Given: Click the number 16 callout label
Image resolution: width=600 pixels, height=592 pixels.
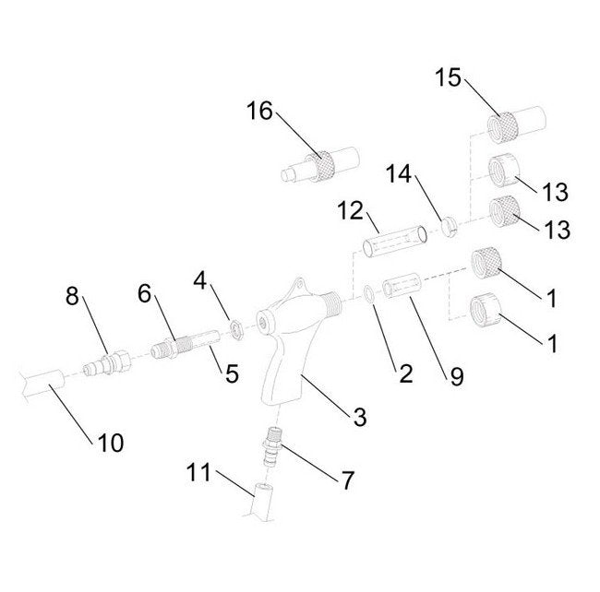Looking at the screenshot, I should [260, 112].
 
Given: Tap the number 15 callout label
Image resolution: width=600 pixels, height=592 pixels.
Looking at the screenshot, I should [450, 77].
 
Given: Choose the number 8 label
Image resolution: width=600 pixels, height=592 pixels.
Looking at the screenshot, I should [74, 297].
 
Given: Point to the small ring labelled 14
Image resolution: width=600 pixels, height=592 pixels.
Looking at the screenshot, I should [450, 224].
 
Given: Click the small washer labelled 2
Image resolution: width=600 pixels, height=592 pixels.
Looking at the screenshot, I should [367, 293].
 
